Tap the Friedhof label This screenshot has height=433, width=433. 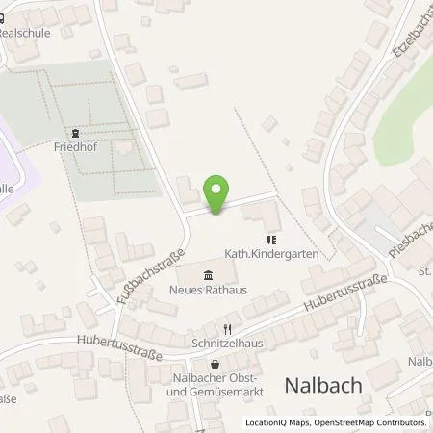[72, 149]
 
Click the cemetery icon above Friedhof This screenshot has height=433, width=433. [73, 134]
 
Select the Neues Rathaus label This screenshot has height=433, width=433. [209, 290]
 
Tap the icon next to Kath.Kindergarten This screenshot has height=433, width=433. [272, 240]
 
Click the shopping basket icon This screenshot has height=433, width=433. [214, 364]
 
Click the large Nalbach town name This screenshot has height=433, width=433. [323, 385]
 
